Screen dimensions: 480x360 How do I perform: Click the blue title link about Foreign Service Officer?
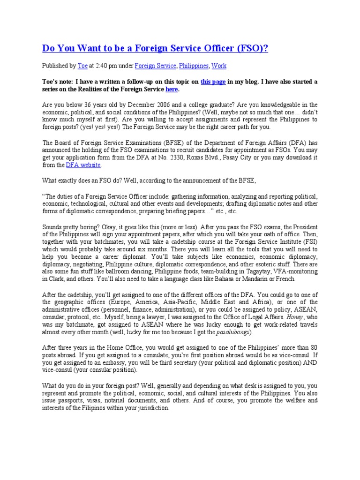click(155, 48)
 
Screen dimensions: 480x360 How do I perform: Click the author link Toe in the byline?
click(82, 66)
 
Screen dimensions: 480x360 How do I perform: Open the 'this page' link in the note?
click(213, 82)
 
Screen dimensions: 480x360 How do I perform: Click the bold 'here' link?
click(172, 89)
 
